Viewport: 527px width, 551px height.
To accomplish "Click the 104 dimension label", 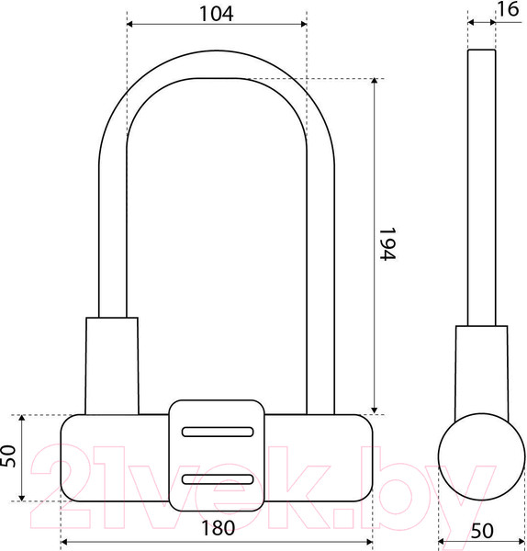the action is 216,14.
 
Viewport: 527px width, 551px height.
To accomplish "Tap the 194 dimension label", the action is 387,244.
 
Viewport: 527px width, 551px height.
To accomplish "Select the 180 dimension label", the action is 218,528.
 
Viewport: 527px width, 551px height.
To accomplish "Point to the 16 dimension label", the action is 509,9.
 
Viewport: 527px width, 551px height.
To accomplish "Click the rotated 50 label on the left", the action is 8,456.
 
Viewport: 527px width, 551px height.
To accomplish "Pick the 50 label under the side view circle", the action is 482,532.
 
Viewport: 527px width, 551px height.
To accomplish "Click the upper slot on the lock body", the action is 218,432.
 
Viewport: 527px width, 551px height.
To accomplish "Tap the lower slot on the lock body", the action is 218,479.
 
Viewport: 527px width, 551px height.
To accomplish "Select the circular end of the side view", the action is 482,456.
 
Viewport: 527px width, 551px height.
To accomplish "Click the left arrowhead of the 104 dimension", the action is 129,24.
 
